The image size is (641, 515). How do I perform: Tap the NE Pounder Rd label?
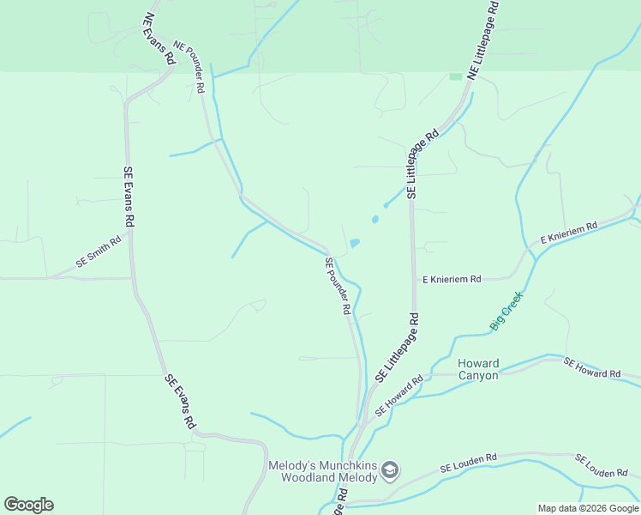190,67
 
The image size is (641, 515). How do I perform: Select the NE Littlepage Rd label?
482,38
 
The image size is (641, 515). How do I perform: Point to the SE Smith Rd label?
98,250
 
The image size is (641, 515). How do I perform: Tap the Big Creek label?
506,311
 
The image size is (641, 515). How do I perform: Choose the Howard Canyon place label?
478,369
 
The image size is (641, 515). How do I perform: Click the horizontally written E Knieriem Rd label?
452,279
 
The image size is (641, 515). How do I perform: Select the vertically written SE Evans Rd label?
129,197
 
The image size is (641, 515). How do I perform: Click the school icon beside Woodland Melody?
390,470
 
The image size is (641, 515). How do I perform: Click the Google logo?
28,505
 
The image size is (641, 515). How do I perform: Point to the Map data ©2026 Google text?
588,508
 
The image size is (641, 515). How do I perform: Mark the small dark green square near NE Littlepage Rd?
456,76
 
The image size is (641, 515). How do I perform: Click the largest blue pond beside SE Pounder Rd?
354,243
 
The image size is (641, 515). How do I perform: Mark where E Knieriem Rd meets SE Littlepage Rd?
414,278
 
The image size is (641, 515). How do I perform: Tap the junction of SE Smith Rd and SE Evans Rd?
131,277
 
